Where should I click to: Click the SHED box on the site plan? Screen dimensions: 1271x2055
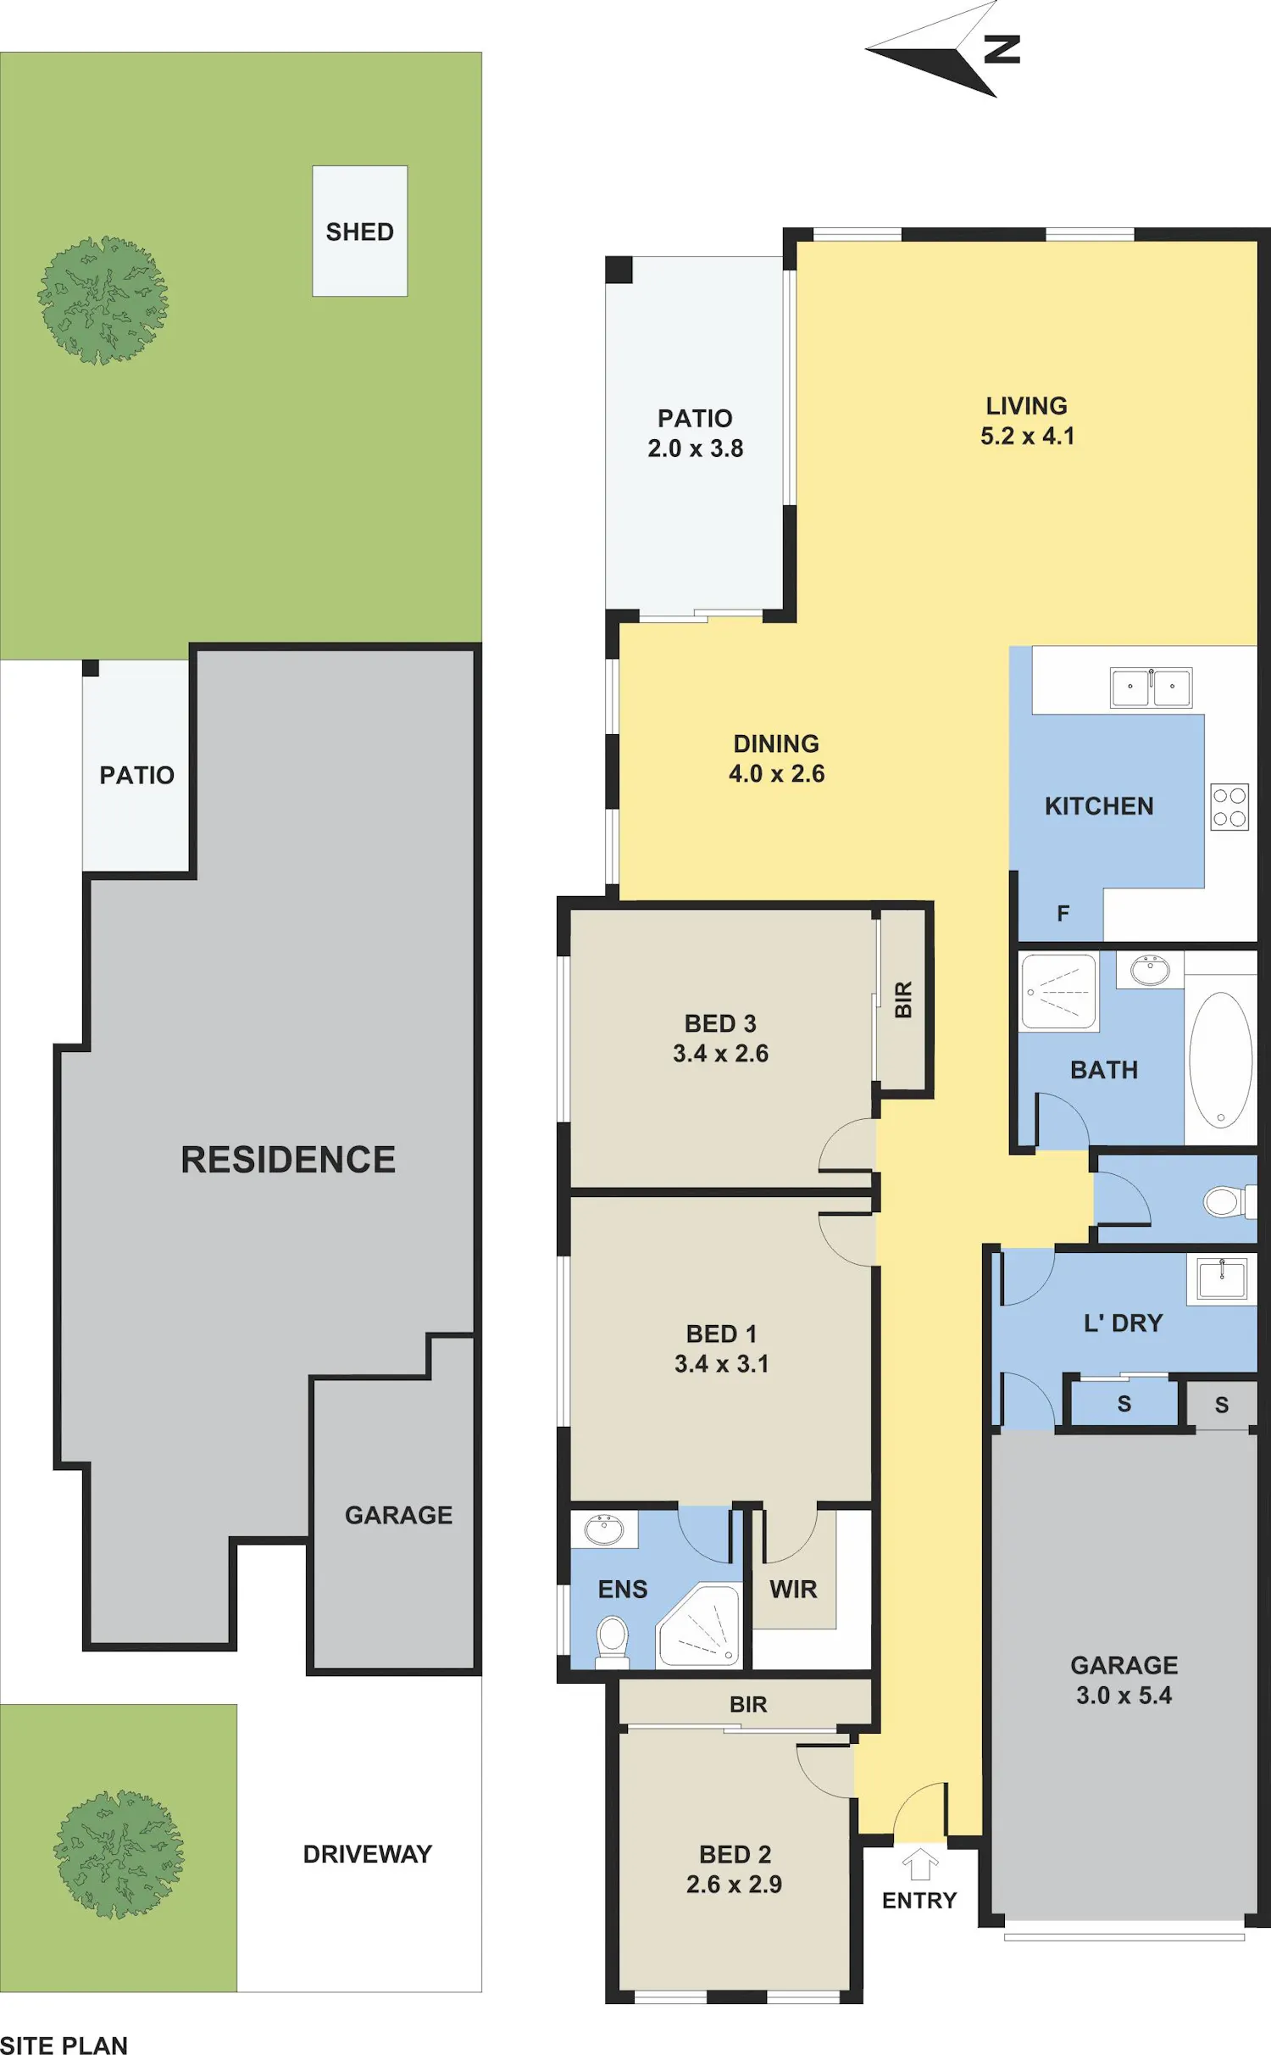click(360, 231)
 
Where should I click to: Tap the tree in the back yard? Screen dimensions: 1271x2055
click(103, 301)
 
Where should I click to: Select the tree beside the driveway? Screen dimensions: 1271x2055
click(119, 1854)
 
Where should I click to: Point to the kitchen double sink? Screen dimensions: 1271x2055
click(1151, 687)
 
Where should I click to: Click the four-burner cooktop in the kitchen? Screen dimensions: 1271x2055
click(1229, 806)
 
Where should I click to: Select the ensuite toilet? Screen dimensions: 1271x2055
click(613, 1640)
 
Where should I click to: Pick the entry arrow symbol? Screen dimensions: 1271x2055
click(919, 1864)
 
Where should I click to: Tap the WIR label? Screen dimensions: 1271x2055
click(793, 1589)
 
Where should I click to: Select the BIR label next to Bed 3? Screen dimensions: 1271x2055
click(903, 1000)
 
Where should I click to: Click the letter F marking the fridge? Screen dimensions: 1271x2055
click(1063, 913)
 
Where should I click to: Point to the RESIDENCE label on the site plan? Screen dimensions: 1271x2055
click(288, 1160)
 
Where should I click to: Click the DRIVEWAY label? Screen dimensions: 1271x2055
click(368, 1854)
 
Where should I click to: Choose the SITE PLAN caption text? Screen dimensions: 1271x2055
click(64, 2045)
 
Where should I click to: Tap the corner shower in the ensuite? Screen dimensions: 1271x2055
click(699, 1627)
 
